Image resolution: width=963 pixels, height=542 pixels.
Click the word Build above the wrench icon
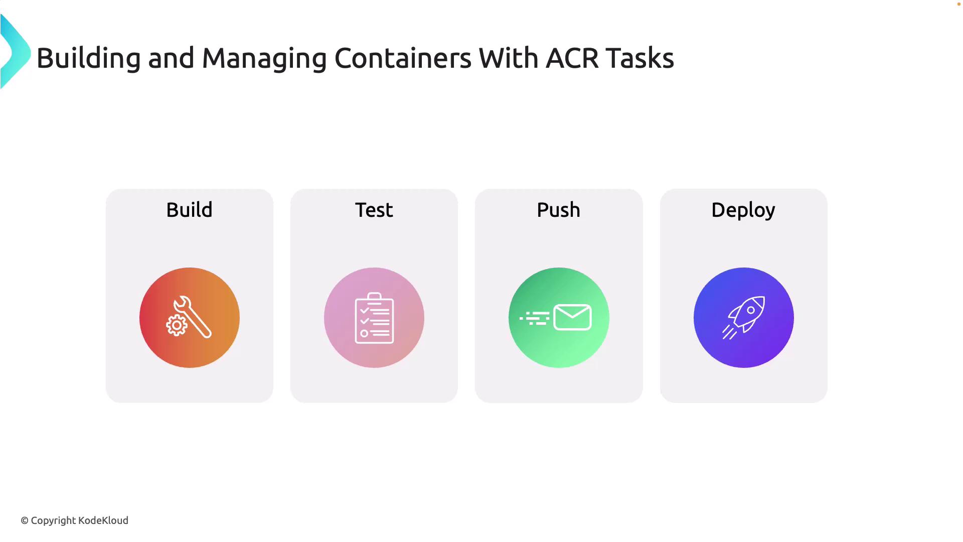189,210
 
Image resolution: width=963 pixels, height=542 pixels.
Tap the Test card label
374,210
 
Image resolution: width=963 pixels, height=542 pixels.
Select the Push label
558,210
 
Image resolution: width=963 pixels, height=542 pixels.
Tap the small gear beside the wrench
177,325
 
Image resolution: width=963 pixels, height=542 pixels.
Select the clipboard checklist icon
374,318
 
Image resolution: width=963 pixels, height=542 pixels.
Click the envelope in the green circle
572,317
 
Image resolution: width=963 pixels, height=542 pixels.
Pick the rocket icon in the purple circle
747,313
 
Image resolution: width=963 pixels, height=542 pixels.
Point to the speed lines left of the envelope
535,318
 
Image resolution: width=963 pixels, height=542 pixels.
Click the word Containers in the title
403,58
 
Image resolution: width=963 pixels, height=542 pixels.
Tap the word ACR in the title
572,58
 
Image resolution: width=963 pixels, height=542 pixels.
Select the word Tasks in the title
639,58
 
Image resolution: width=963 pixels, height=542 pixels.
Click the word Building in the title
88,59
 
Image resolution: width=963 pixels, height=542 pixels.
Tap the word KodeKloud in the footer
103,520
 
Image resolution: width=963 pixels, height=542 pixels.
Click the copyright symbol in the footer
25,521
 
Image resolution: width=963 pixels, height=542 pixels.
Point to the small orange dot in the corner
958,4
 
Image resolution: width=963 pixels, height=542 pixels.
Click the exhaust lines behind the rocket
729,332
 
